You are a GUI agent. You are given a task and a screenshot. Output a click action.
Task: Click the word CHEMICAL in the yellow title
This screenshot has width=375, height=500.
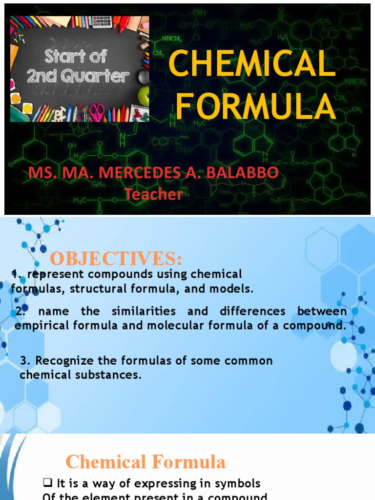tap(252, 65)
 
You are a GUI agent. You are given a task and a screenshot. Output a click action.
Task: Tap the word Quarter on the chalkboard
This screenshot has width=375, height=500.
tap(106, 76)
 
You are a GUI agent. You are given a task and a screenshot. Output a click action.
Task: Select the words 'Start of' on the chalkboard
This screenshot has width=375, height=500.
tap(76, 56)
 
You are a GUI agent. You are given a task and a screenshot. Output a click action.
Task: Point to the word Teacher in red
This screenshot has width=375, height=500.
tap(153, 194)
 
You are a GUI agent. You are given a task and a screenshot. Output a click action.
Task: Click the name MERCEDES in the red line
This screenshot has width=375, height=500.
tap(142, 173)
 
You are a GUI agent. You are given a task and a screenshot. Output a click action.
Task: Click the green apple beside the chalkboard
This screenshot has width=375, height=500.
tap(144, 96)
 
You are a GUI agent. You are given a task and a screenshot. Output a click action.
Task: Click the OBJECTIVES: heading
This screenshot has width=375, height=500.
tap(116, 257)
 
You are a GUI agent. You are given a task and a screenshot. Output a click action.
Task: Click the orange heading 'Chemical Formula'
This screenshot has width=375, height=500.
tap(146, 462)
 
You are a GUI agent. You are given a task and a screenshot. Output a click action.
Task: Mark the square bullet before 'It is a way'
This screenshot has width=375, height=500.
tap(47, 483)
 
